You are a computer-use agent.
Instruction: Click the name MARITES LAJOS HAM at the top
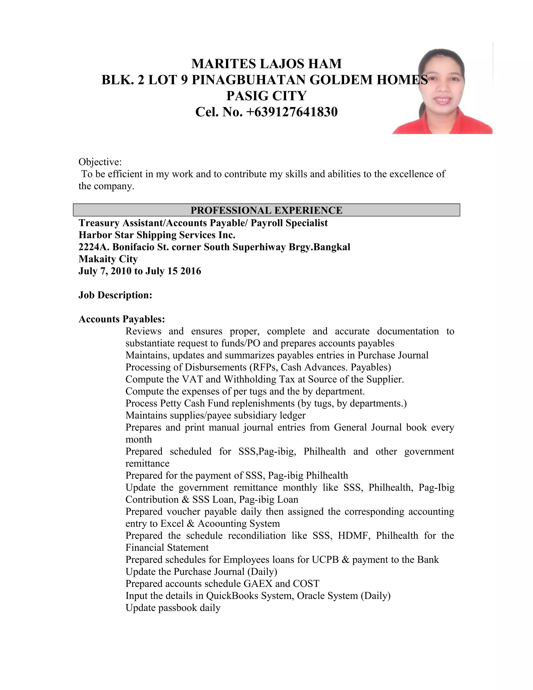coord(266,64)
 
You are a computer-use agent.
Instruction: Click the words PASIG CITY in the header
coord(266,96)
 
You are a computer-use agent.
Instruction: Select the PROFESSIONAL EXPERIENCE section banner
coord(266,210)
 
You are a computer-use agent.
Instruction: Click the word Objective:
coord(100,162)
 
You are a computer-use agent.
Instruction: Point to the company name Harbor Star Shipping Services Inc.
coord(157,235)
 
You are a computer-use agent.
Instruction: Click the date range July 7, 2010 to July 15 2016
coord(139,271)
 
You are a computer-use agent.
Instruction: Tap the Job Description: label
coord(115,295)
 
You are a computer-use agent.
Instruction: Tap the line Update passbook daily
coord(173,607)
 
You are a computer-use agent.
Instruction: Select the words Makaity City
coord(108,259)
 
